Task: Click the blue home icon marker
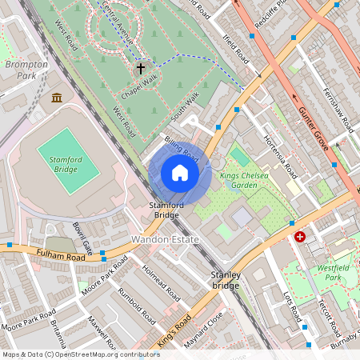click(x=180, y=173)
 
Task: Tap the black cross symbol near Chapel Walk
click(x=141, y=69)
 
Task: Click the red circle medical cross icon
click(x=300, y=237)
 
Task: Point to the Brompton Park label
click(x=21, y=69)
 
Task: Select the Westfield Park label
click(x=336, y=274)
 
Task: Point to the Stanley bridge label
click(x=225, y=280)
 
